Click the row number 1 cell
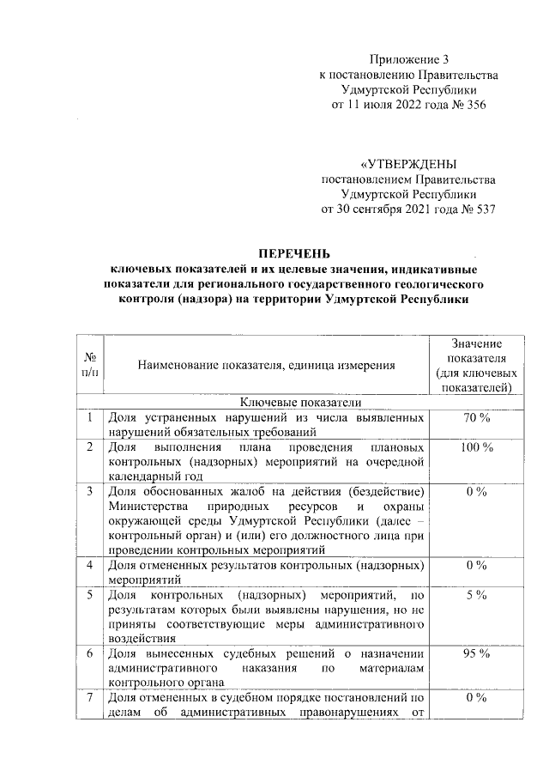point(90,418)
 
